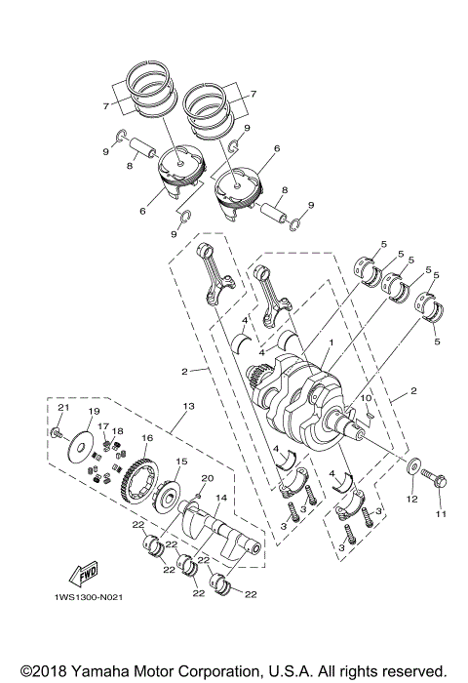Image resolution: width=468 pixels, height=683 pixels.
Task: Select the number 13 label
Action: pyautogui.click(x=188, y=405)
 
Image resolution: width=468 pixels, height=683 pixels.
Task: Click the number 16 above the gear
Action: pyautogui.click(x=148, y=439)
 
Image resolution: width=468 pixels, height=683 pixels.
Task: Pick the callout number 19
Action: pyautogui.click(x=96, y=413)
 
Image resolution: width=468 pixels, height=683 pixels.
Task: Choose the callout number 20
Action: pyautogui.click(x=207, y=478)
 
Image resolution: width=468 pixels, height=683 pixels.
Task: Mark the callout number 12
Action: pyautogui.click(x=410, y=500)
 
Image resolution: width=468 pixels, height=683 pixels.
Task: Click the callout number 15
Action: pyautogui.click(x=181, y=462)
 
